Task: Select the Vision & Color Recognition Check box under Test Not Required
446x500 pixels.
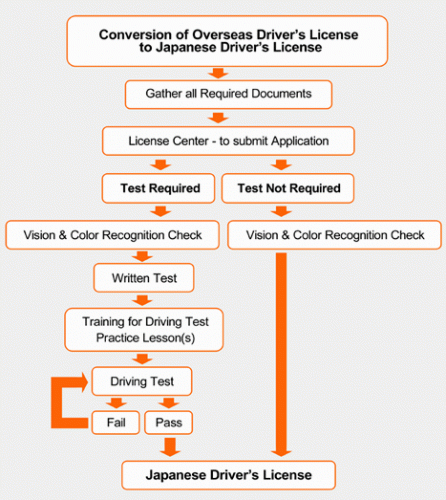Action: pyautogui.click(x=333, y=235)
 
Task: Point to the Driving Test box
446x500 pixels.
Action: pyautogui.click(x=141, y=381)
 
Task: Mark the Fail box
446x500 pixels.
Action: pyautogui.click(x=116, y=423)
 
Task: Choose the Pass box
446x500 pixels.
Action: pyautogui.click(x=167, y=423)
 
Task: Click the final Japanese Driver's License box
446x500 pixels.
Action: pyautogui.click(x=229, y=473)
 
